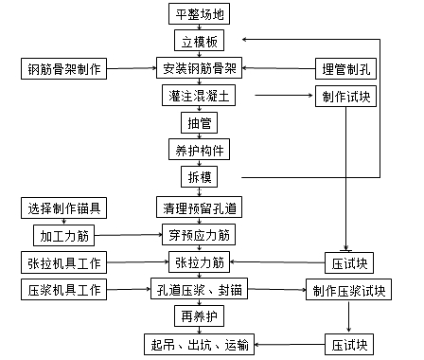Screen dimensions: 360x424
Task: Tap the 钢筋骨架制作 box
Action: click(x=63, y=68)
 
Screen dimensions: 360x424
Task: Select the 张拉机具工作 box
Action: click(x=63, y=261)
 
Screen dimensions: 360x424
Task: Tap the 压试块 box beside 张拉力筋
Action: click(x=347, y=261)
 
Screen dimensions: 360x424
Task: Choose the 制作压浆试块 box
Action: click(x=347, y=289)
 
